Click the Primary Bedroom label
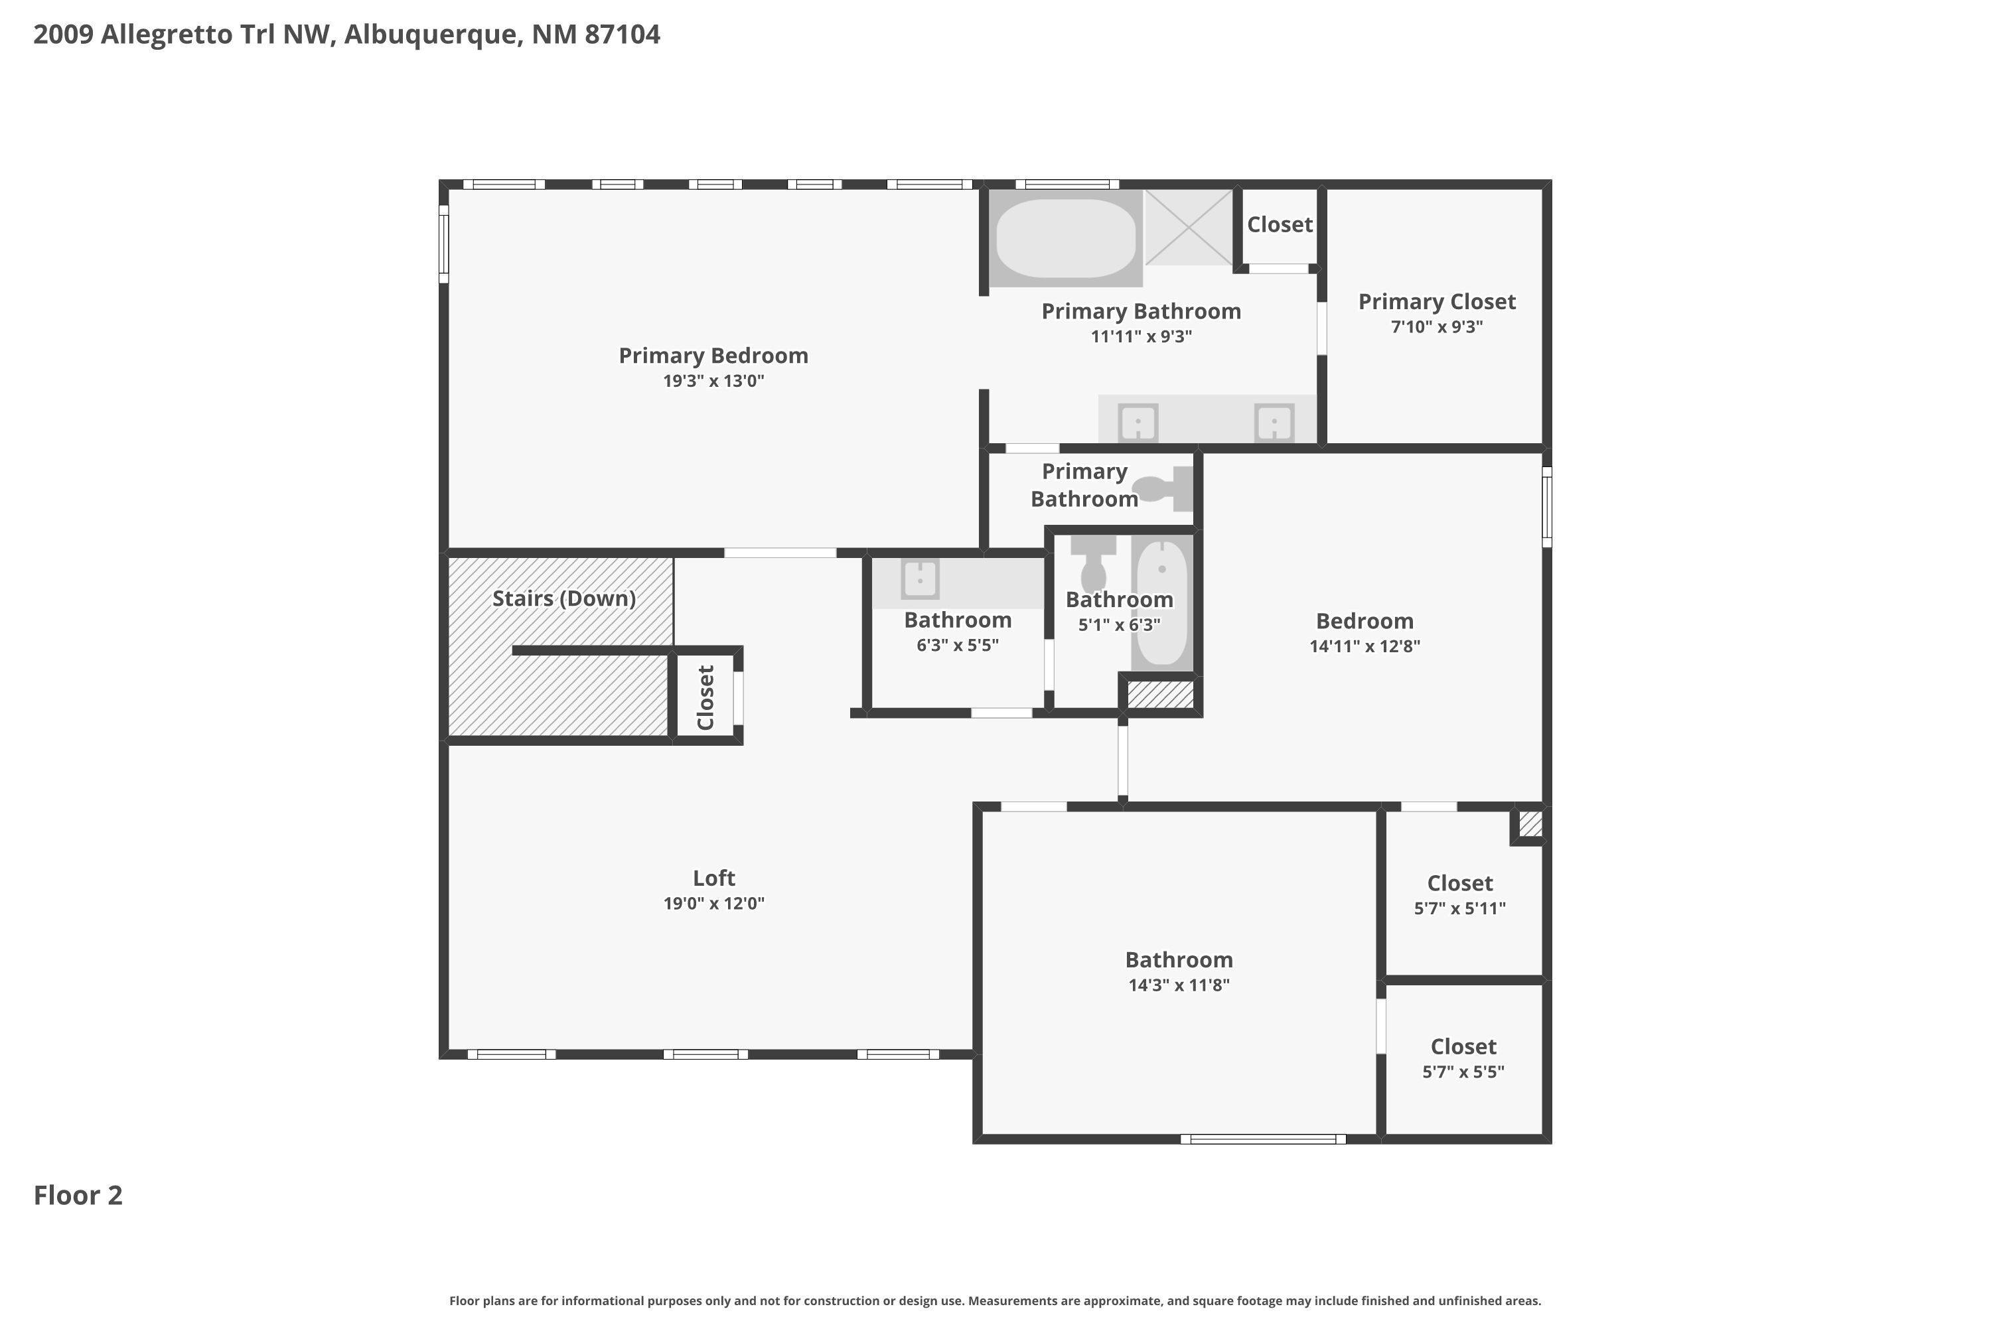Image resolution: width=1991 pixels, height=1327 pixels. click(713, 356)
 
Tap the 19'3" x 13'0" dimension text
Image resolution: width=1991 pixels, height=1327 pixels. click(713, 381)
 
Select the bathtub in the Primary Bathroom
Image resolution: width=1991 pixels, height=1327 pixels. click(1065, 238)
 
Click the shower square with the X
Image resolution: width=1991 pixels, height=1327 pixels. click(1189, 227)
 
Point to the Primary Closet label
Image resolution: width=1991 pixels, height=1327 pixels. click(1437, 302)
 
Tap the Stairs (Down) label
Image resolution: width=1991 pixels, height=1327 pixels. click(563, 598)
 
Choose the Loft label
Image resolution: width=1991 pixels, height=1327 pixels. click(713, 878)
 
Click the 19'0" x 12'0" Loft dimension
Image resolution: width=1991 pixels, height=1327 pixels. click(713, 903)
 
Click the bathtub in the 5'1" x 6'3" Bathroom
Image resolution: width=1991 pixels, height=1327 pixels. click(1161, 602)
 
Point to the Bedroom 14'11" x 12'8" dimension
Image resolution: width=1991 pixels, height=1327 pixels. click(1364, 646)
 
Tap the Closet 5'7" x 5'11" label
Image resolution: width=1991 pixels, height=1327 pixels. click(1459, 884)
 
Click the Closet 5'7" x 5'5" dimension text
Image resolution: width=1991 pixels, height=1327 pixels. click(1463, 1072)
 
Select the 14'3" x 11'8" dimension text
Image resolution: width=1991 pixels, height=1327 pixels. click(1179, 985)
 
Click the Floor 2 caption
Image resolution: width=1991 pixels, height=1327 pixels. click(78, 1195)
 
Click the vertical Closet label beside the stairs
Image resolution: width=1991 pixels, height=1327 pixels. click(705, 697)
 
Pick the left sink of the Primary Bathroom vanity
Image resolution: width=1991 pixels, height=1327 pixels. click(1138, 422)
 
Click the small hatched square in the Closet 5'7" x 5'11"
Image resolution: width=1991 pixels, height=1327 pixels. click(1530, 823)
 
